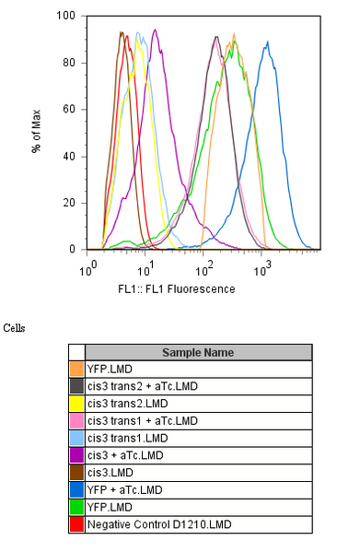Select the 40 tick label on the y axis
[x=70, y=156]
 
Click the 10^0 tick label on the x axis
[x=89, y=270]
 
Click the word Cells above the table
[x=15, y=327]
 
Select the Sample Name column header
[x=198, y=352]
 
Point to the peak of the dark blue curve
[x=267, y=41]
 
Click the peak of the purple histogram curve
[x=155, y=29]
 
